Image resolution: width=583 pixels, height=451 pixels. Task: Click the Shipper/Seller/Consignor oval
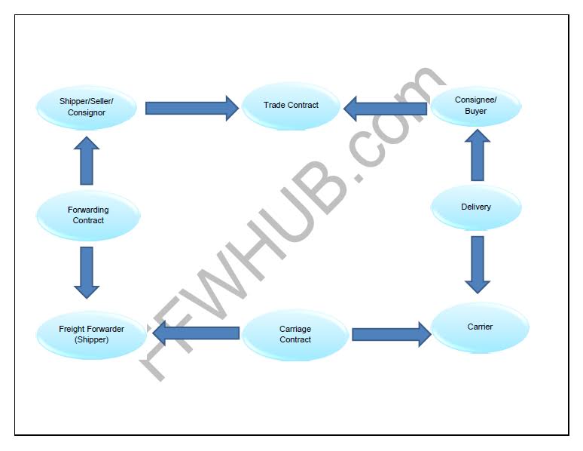point(87,107)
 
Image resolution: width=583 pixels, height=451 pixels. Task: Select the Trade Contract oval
point(291,106)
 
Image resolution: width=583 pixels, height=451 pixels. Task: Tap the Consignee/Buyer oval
point(475,106)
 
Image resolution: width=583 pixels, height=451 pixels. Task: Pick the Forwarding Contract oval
point(88,216)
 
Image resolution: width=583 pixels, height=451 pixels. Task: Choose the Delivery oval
point(475,207)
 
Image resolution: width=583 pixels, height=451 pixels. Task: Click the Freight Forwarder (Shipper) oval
point(91,335)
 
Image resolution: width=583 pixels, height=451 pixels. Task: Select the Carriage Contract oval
point(295,335)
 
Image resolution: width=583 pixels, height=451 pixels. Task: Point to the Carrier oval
point(480,327)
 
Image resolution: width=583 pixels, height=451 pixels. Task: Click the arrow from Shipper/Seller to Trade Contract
point(191,108)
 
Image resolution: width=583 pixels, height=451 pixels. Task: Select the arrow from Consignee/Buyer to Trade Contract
point(385,109)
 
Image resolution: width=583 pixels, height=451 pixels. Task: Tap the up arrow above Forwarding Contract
point(87,161)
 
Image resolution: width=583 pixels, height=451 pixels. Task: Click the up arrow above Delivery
point(477,155)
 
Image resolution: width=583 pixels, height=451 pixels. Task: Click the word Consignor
point(87,113)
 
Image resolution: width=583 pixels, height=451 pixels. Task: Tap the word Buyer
point(475,112)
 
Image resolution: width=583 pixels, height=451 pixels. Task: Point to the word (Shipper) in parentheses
point(92,340)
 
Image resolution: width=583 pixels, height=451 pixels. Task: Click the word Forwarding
point(88,210)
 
